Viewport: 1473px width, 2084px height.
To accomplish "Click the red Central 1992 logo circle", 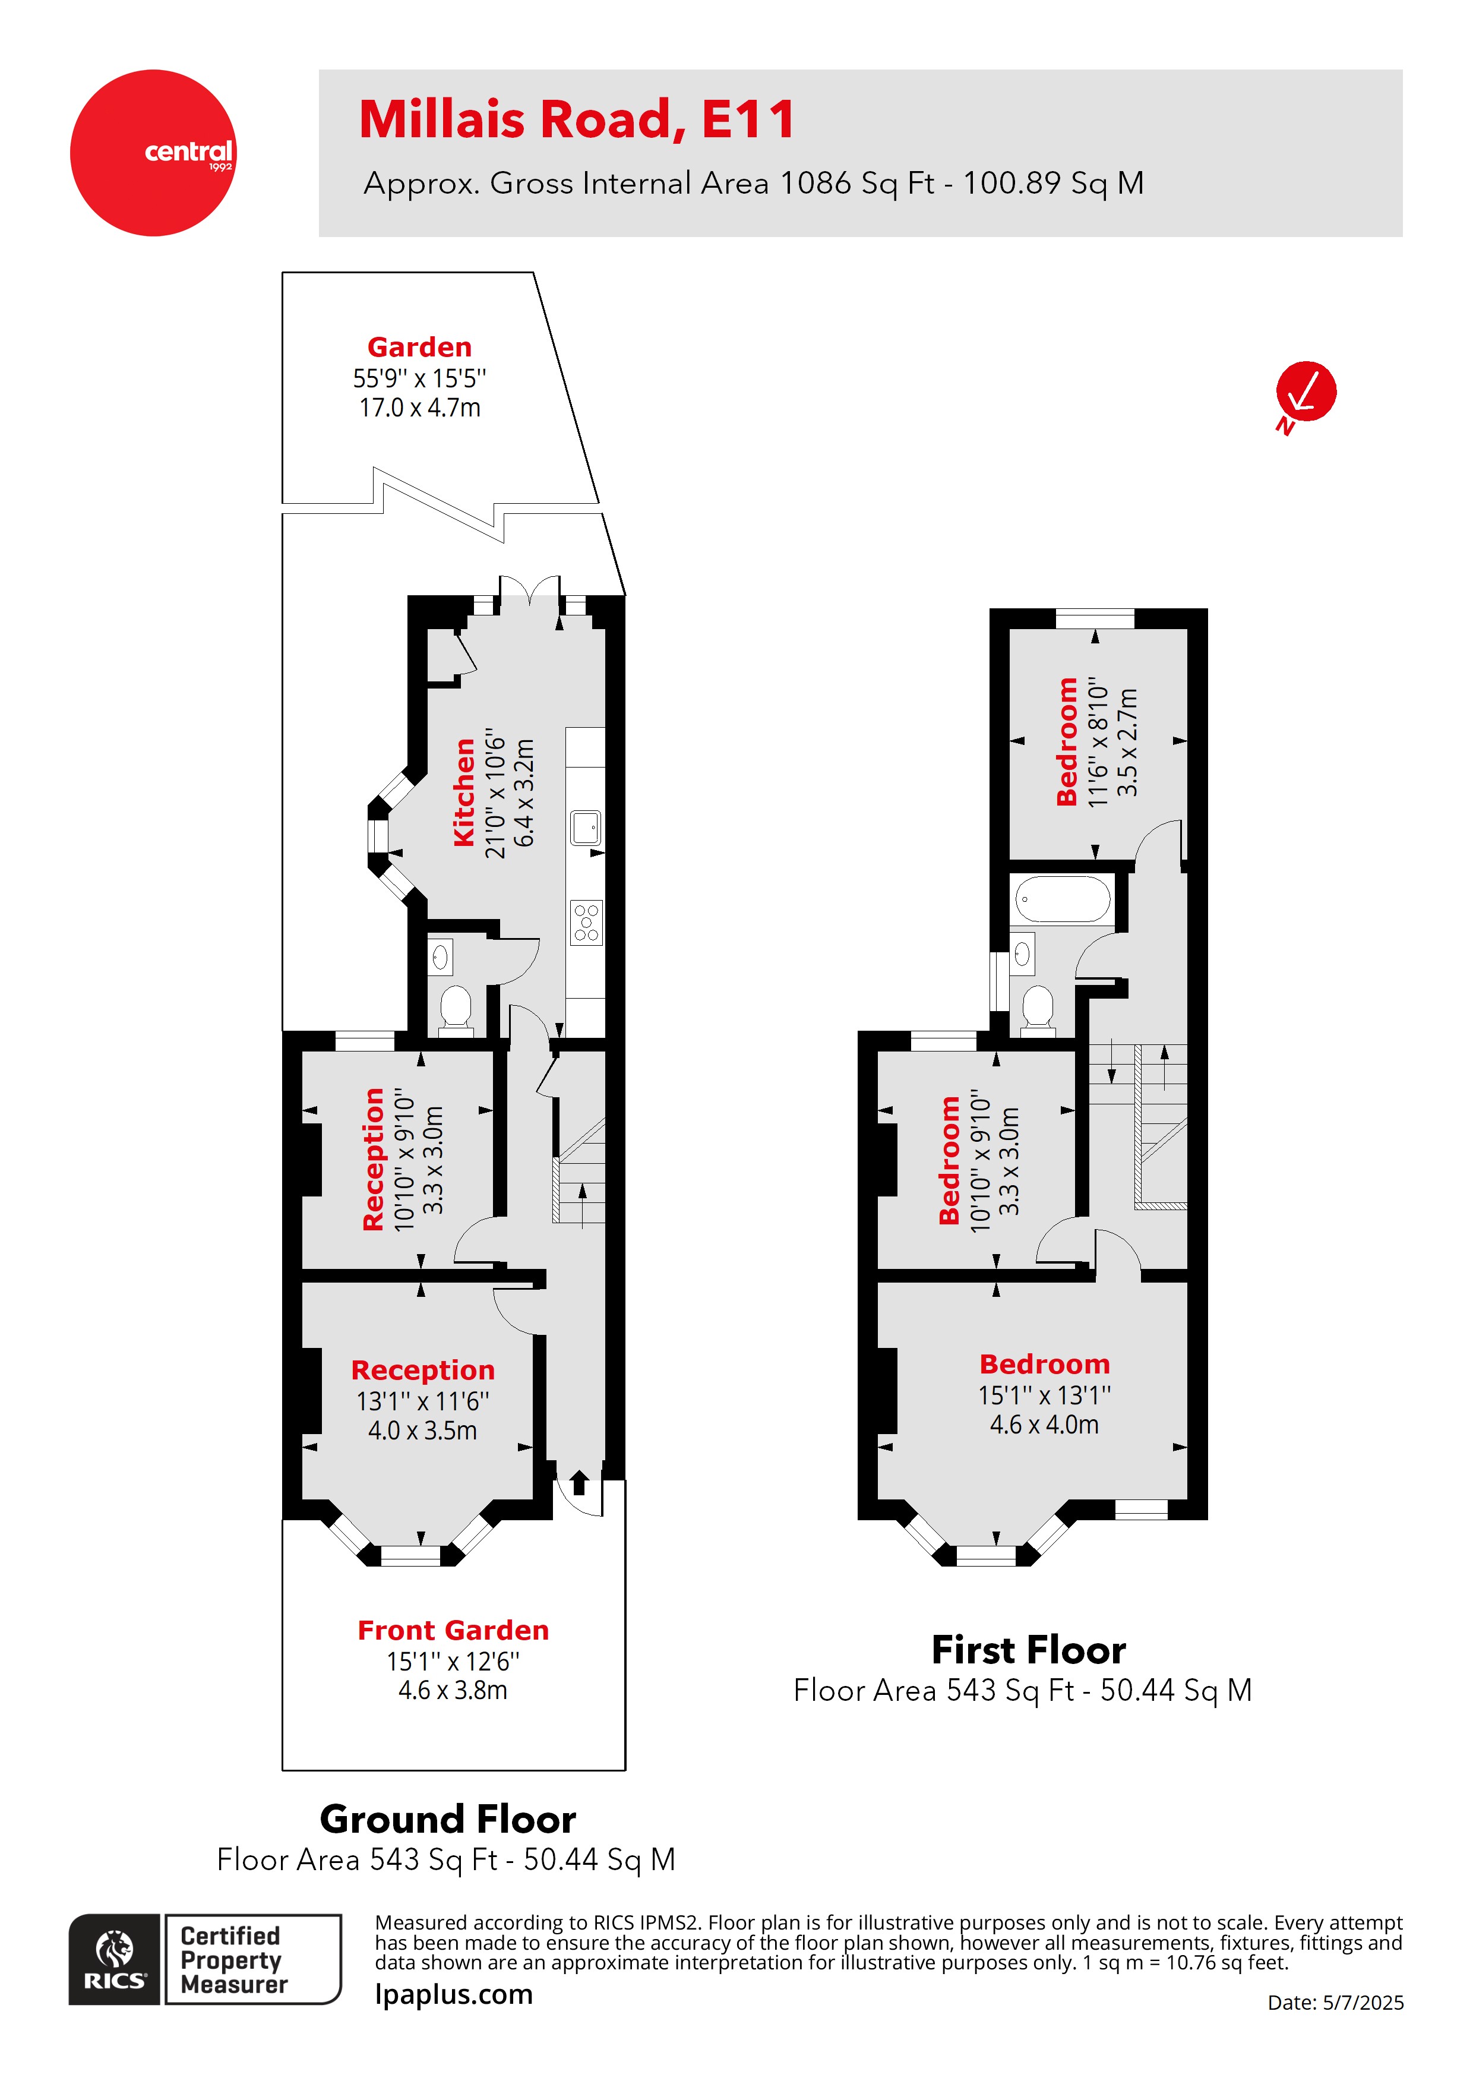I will (153, 153).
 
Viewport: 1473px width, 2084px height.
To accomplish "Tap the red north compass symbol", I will (1305, 392).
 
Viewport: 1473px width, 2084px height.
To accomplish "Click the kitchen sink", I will (586, 827).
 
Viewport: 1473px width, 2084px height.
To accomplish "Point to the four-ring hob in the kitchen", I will (586, 922).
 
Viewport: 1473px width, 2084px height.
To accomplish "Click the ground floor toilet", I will (456, 1008).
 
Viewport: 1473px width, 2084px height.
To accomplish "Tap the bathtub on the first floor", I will (1063, 899).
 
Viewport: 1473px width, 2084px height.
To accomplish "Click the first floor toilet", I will (1038, 1008).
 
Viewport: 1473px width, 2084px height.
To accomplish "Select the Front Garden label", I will (453, 1630).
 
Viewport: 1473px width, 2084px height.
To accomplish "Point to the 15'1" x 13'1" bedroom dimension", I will (1044, 1395).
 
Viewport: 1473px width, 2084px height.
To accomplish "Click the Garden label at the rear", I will (419, 347).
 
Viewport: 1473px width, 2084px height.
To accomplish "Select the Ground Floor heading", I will (447, 1819).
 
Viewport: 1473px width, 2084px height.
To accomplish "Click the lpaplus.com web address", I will (454, 1994).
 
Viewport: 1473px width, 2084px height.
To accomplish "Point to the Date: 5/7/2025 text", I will (1335, 2002).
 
